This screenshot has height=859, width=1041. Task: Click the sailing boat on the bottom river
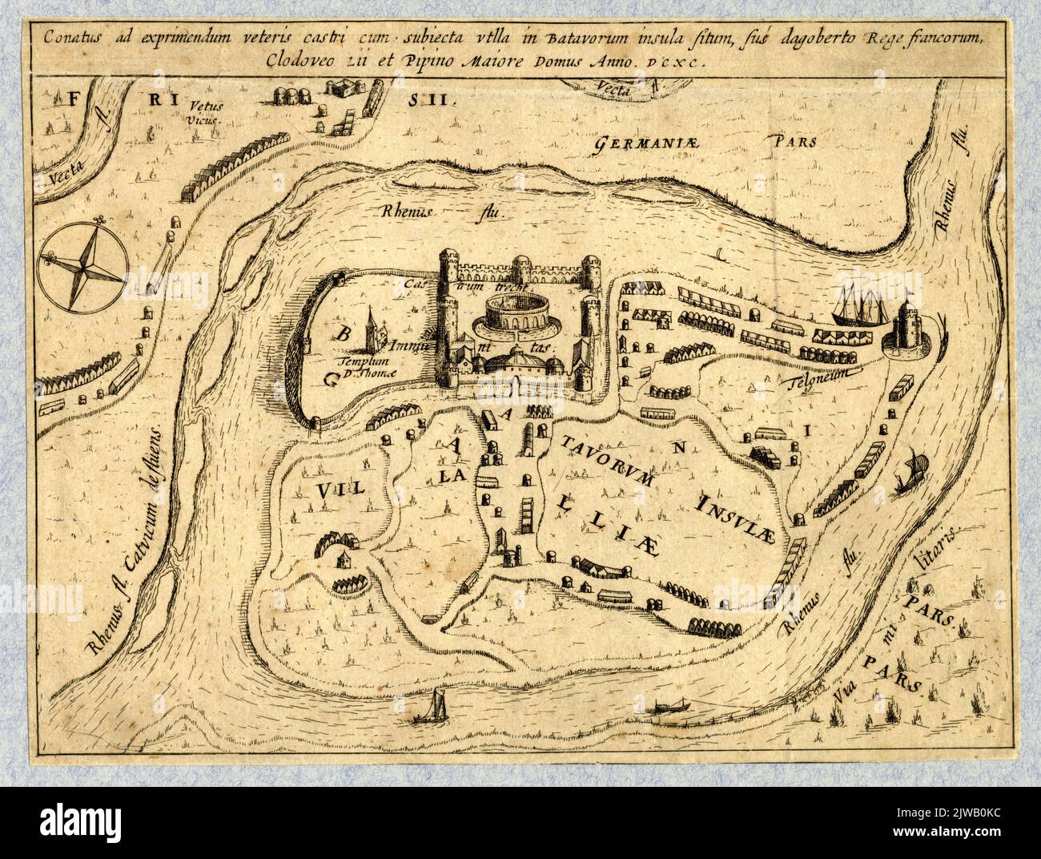point(436,706)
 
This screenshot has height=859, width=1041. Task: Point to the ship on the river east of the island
point(910,472)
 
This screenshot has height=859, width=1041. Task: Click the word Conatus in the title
point(70,37)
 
